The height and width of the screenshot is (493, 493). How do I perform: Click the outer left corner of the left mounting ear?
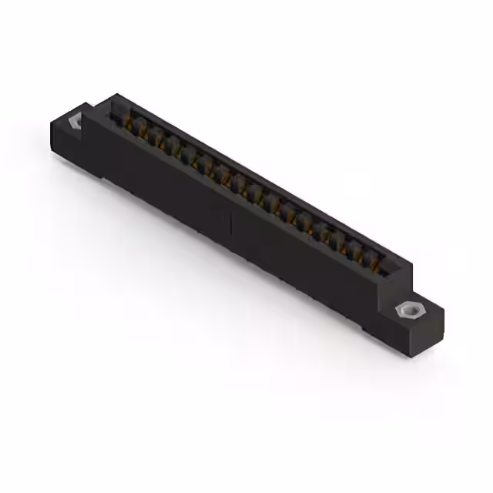coord(51,123)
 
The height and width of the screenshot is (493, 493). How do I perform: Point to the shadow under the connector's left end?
coord(77,166)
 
